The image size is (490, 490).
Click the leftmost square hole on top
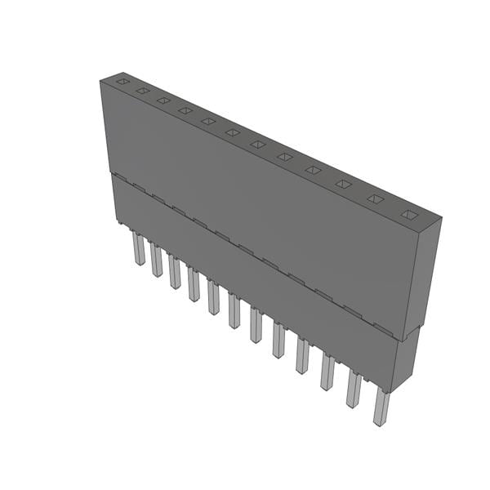(x=122, y=82)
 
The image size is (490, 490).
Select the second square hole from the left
(x=142, y=91)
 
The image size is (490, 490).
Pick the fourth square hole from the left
(x=185, y=110)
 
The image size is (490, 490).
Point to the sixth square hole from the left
(x=233, y=132)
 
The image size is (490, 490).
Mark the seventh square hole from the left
(x=258, y=145)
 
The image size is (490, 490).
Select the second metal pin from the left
(x=155, y=259)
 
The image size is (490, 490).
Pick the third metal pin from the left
(x=174, y=271)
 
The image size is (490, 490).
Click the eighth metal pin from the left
(x=278, y=339)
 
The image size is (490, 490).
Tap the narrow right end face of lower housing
(x=406, y=358)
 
